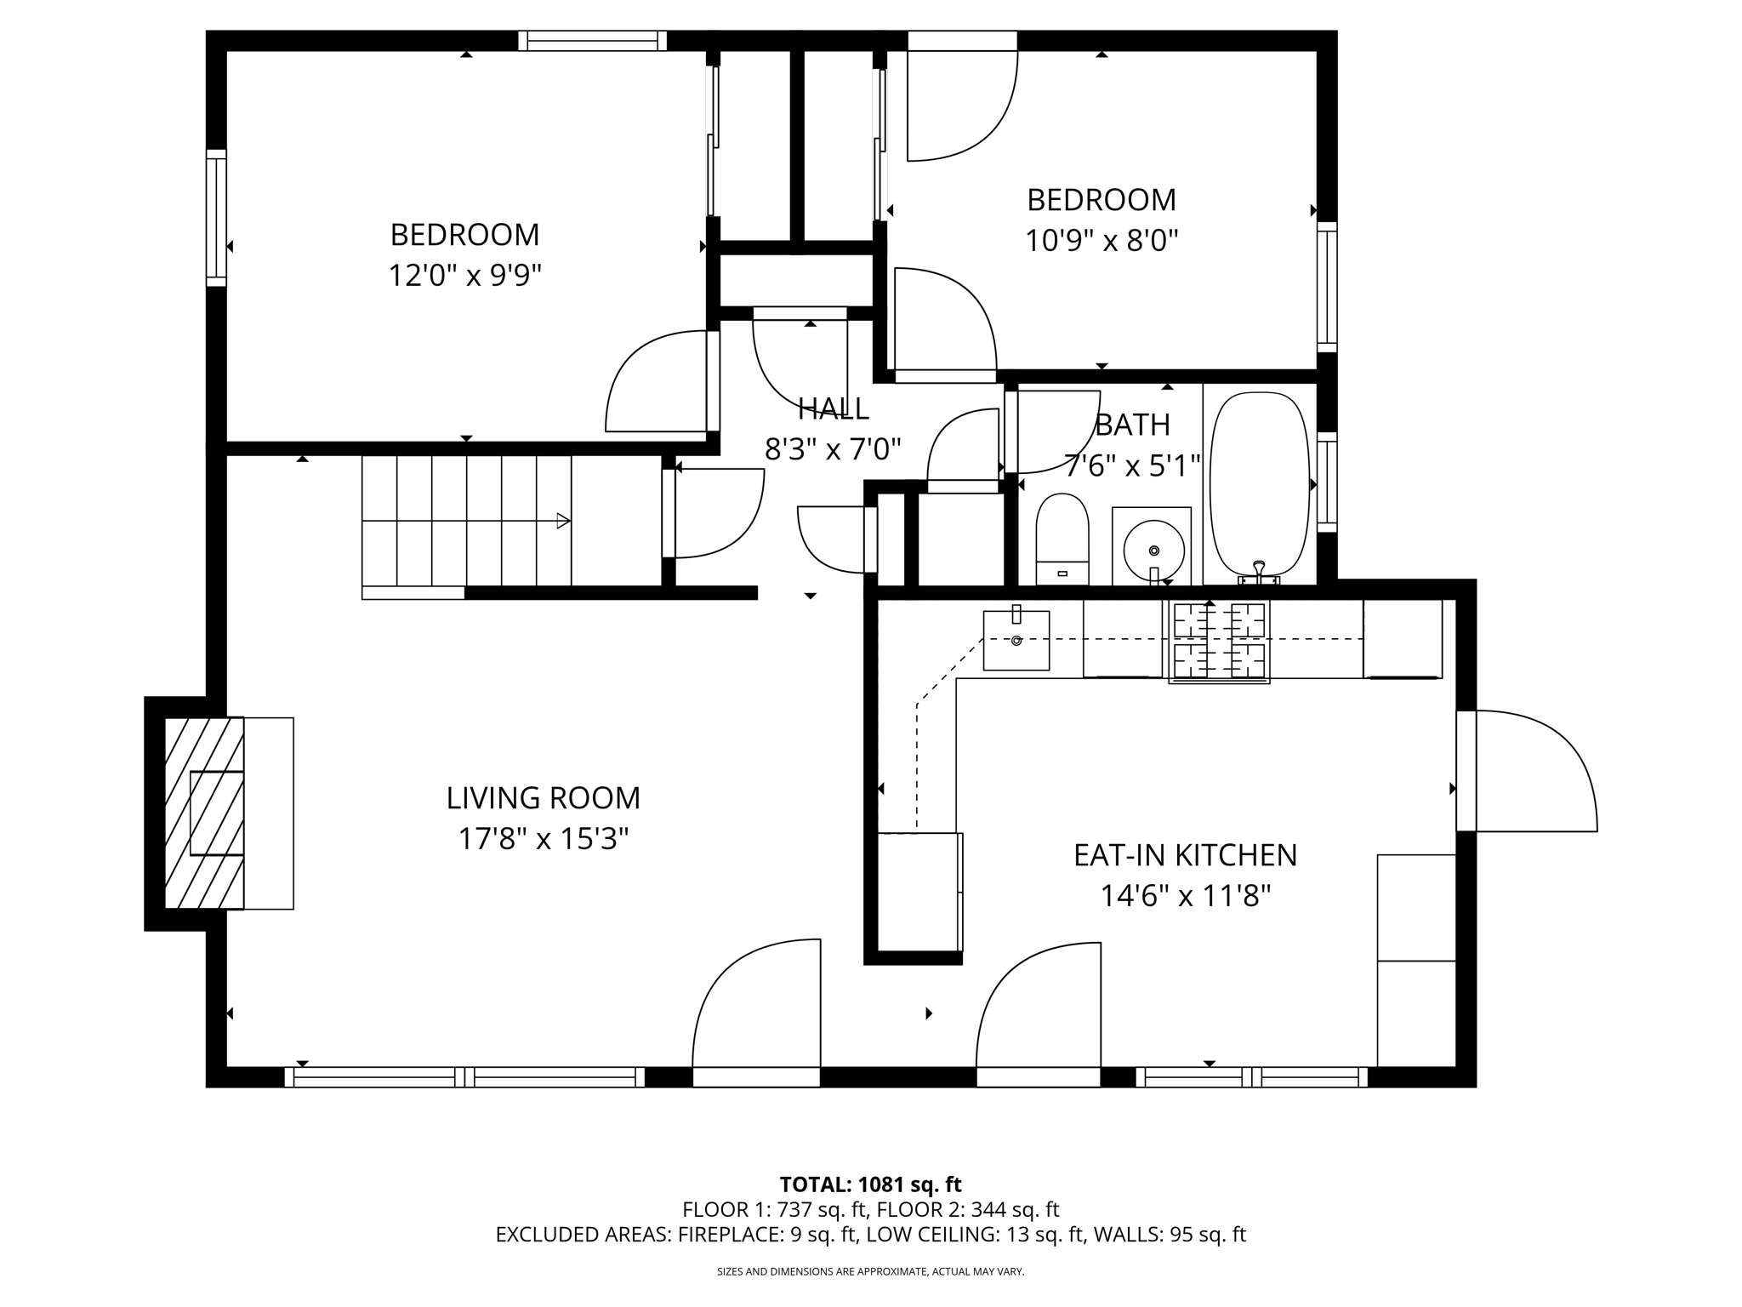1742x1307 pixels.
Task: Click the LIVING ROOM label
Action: click(543, 798)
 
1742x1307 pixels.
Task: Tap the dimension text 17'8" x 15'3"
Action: click(543, 840)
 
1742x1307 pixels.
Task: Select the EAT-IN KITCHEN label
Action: click(1185, 855)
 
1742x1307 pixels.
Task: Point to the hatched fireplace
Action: click(204, 813)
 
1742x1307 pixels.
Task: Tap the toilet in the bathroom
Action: click(1062, 538)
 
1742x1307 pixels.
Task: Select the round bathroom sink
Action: click(1153, 549)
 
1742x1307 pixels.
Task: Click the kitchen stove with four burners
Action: click(1219, 641)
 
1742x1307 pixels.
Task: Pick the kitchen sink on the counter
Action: click(1016, 640)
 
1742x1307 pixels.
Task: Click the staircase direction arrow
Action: click(562, 521)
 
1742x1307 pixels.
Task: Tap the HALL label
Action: click(833, 409)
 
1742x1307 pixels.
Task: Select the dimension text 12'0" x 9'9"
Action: click(464, 276)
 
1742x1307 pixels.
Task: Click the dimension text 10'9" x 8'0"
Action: click(1101, 241)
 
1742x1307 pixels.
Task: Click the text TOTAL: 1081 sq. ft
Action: click(870, 1184)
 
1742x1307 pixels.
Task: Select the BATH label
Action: click(1132, 425)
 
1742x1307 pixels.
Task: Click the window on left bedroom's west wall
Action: click(217, 218)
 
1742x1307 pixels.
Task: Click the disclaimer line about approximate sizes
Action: click(870, 1271)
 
